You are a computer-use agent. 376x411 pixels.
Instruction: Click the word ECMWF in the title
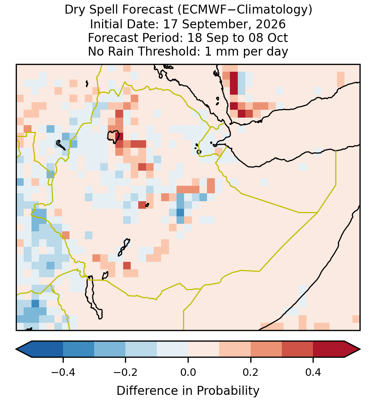point(201,10)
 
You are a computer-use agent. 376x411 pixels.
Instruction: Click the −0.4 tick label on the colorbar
point(63,372)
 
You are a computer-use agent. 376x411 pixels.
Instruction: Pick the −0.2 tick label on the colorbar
point(125,372)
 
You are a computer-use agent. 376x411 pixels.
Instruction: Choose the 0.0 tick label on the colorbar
point(188,372)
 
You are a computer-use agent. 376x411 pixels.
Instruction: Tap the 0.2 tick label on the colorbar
point(251,372)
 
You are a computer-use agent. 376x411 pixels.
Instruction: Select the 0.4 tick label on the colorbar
point(313,372)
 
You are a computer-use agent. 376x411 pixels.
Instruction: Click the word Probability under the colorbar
point(228,391)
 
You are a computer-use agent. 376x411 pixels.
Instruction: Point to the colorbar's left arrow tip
point(16,349)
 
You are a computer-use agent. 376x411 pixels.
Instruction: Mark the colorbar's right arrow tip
point(360,349)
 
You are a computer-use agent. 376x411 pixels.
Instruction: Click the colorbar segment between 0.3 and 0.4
point(298,349)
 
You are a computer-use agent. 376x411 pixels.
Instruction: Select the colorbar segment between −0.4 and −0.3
point(78,349)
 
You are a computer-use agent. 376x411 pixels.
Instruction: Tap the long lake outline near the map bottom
point(94,298)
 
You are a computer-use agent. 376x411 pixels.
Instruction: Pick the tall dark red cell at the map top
point(234,83)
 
